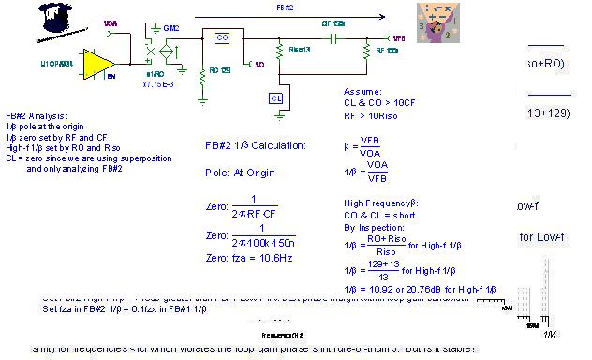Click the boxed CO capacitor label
coord(222,38)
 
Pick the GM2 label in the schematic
coord(171,29)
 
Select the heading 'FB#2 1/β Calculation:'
coord(255,146)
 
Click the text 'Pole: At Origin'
coord(243,173)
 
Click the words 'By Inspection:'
coord(371,227)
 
